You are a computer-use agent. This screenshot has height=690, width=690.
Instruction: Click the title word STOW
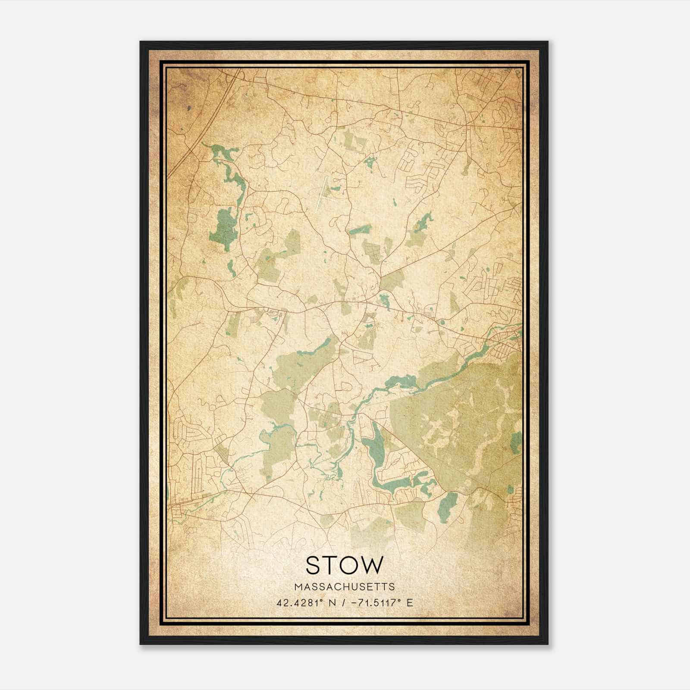coord(344,565)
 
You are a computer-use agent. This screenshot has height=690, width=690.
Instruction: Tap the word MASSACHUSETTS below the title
coord(344,587)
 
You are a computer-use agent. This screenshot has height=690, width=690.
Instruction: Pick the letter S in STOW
coord(313,565)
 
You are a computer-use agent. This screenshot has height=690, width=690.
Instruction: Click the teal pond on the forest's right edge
coord(516,442)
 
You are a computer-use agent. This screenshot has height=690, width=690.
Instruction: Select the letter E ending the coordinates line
coord(409,602)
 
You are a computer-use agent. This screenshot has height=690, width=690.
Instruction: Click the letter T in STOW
coord(329,565)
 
